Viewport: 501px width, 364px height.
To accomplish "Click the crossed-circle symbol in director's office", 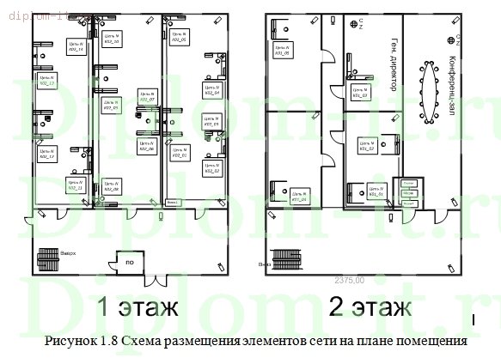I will [x=353, y=24].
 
